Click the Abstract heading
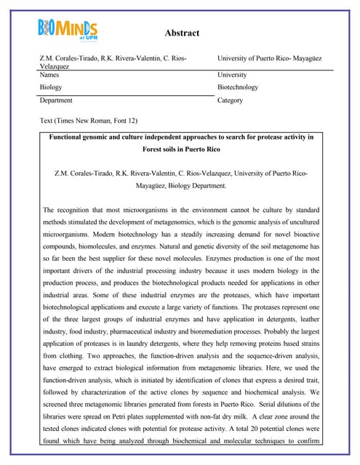click(x=182, y=33)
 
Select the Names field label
click(x=51, y=75)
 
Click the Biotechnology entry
click(x=237, y=87)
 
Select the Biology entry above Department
click(x=51, y=87)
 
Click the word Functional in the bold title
click(x=70, y=137)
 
